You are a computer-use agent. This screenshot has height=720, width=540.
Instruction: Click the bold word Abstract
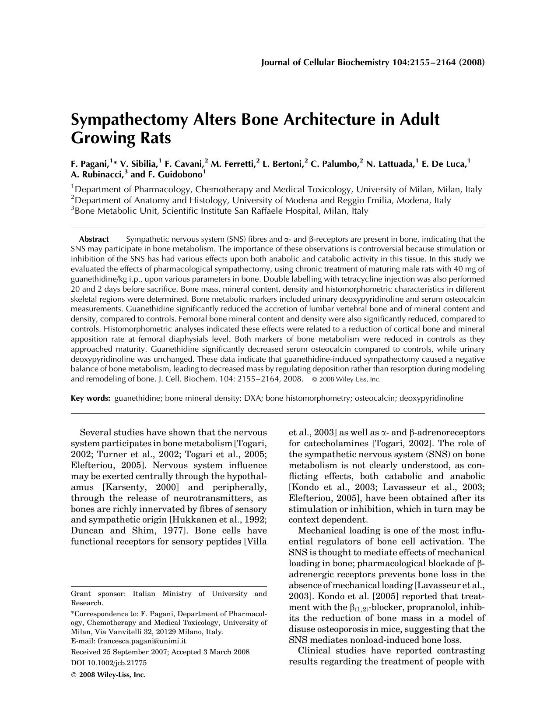(x=94, y=239)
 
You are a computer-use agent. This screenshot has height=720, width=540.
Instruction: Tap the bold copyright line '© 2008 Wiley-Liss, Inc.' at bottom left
(x=108, y=675)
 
